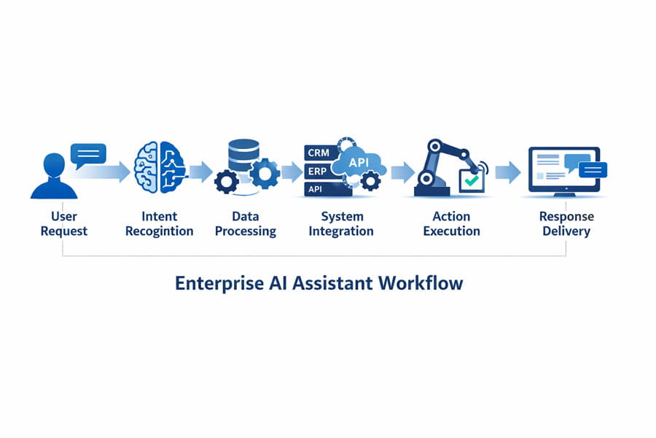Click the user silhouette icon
[54, 177]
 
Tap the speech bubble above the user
[88, 155]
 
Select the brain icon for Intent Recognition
[160, 167]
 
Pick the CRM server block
[321, 153]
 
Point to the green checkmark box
[472, 180]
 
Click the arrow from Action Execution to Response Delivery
[508, 172]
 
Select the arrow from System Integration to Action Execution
[402, 172]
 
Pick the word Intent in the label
[160, 216]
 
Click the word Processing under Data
[246, 231]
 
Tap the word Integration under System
[341, 231]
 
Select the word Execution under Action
[451, 231]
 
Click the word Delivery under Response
[566, 231]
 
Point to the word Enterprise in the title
[219, 283]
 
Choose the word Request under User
[64, 231]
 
